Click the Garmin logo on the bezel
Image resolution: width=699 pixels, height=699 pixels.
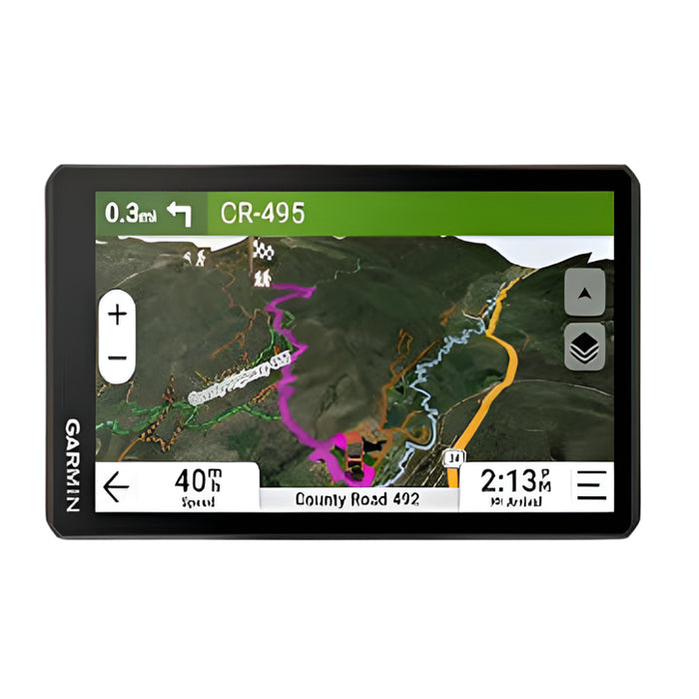[73, 465]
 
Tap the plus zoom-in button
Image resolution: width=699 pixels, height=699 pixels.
[118, 315]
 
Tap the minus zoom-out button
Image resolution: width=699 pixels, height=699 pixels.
[118, 357]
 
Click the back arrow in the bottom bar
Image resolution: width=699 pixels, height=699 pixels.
[117, 487]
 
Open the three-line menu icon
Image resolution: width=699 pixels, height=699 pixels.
[591, 486]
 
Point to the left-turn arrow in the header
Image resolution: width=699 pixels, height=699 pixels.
[180, 213]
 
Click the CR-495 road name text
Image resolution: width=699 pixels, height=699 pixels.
[263, 213]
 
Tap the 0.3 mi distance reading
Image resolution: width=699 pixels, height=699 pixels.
[131, 213]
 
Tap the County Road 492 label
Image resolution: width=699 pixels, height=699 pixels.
[356, 499]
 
